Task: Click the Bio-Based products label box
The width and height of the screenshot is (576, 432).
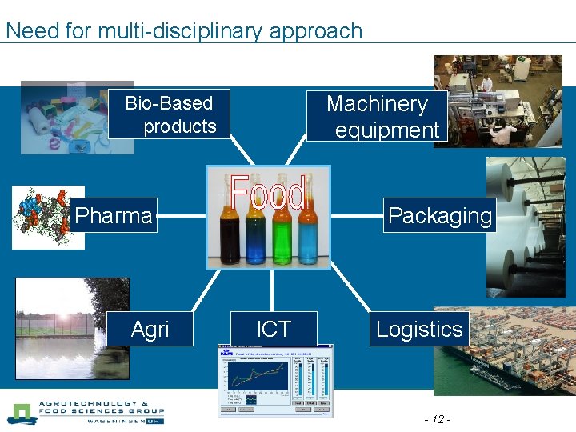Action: (170, 114)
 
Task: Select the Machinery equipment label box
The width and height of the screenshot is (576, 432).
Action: (377, 116)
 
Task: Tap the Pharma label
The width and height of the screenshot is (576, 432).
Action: (113, 215)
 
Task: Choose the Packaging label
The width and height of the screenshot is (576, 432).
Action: (439, 216)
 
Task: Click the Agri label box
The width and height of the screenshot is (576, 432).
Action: (150, 329)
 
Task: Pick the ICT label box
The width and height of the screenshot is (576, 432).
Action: (274, 329)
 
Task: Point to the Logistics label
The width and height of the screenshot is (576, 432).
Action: (419, 329)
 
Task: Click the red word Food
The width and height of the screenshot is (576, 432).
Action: (268, 193)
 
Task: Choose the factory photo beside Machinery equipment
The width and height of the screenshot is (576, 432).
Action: (500, 100)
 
